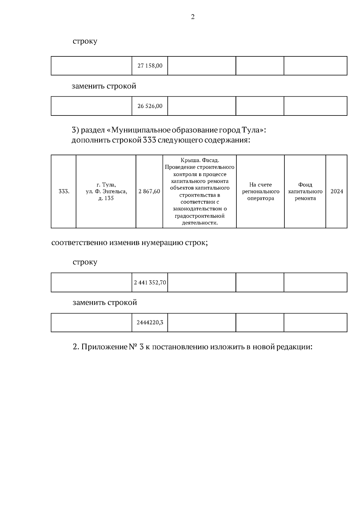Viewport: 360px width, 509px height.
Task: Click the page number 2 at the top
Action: (193, 17)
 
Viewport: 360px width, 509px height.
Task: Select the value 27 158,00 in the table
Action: (150, 66)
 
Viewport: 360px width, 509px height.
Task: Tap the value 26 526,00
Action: (150, 106)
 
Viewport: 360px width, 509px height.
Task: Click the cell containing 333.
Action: (64, 191)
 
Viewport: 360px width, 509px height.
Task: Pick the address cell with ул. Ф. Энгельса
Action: (106, 191)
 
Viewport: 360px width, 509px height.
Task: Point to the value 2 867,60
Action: (149, 191)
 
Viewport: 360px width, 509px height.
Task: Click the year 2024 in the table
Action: (337, 191)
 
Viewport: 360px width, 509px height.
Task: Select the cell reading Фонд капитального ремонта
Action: (305, 191)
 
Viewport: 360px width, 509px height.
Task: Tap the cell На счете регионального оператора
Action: (260, 191)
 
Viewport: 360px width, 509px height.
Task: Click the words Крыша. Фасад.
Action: (200, 160)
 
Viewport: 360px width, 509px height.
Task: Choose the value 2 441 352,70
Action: (150, 283)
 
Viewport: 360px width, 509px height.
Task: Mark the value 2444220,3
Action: (150, 323)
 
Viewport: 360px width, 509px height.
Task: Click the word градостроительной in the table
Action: (199, 216)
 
